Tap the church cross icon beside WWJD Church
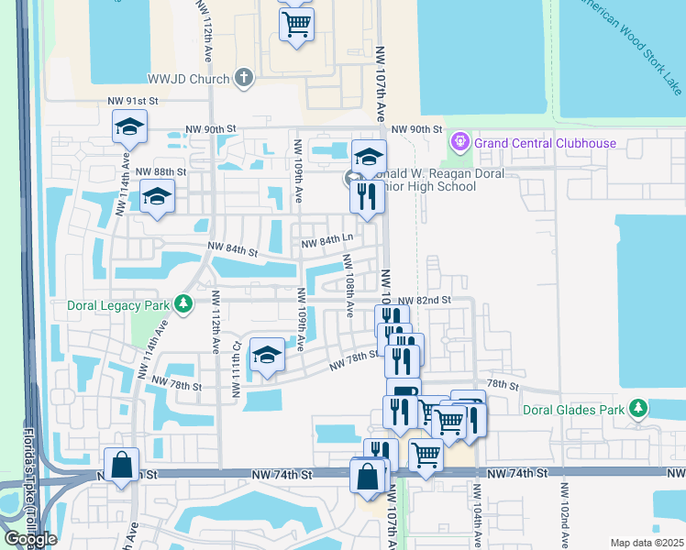[x=244, y=77]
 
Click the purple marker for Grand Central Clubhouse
[x=459, y=142]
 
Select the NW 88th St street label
[x=160, y=171]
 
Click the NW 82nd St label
[x=426, y=300]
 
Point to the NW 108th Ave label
[x=349, y=285]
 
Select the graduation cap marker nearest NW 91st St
[x=129, y=126]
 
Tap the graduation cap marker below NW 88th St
[x=157, y=196]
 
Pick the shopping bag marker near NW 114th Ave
[x=121, y=465]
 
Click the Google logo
[x=30, y=539]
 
